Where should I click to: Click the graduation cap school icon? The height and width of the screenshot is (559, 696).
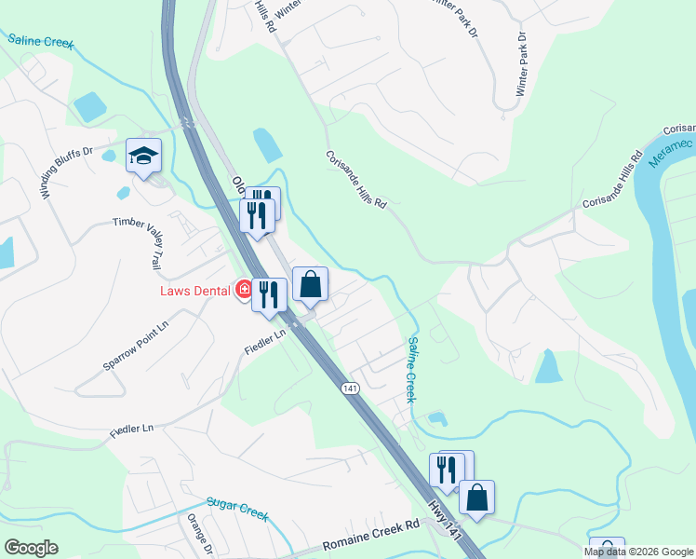coord(144,155)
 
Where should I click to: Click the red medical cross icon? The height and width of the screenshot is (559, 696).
coord(244,291)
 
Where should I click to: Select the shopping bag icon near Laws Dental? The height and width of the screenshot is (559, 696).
coord(311,284)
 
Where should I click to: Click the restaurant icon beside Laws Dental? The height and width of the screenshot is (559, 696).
coord(269,294)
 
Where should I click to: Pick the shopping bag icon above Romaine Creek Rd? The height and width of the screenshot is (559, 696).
coord(476,497)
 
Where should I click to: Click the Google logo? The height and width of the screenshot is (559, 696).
coord(31,548)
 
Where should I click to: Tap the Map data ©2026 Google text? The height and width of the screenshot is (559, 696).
coord(638,552)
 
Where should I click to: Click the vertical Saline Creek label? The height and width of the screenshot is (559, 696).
coord(410,369)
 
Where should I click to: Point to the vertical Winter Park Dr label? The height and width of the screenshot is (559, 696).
coord(522,64)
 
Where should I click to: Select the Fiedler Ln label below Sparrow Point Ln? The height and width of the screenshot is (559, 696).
coord(131,429)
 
